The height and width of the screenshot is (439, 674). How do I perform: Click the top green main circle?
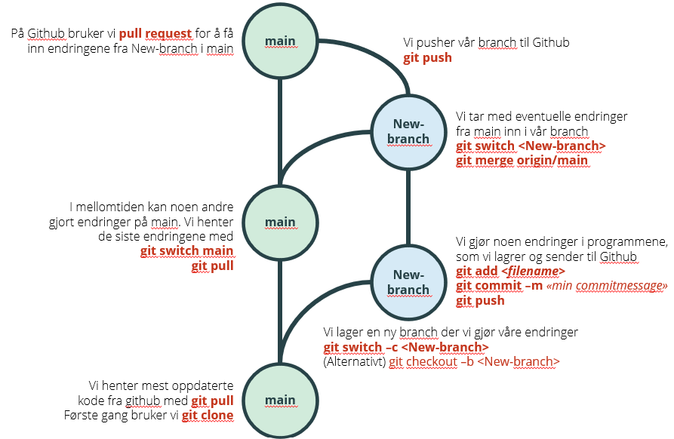click(x=280, y=41)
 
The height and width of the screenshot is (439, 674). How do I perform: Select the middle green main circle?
click(x=280, y=222)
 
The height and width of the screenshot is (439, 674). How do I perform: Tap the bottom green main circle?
click(x=280, y=400)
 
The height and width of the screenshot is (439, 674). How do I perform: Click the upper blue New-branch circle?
click(x=408, y=131)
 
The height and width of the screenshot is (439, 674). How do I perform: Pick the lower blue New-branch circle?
click(x=408, y=282)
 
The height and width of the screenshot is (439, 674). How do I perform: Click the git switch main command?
click(x=186, y=251)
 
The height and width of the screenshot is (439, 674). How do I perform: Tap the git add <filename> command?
click(x=510, y=272)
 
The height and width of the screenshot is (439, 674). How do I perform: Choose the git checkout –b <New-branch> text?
click(x=474, y=361)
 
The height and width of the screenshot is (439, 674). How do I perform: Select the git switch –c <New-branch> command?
click(x=405, y=347)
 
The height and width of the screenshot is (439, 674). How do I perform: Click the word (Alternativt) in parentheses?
click(x=354, y=361)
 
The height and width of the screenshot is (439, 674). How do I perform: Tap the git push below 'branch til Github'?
click(x=427, y=57)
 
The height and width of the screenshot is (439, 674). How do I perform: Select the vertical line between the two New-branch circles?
click(x=408, y=207)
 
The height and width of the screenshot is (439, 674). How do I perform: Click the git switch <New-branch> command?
click(x=531, y=146)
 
